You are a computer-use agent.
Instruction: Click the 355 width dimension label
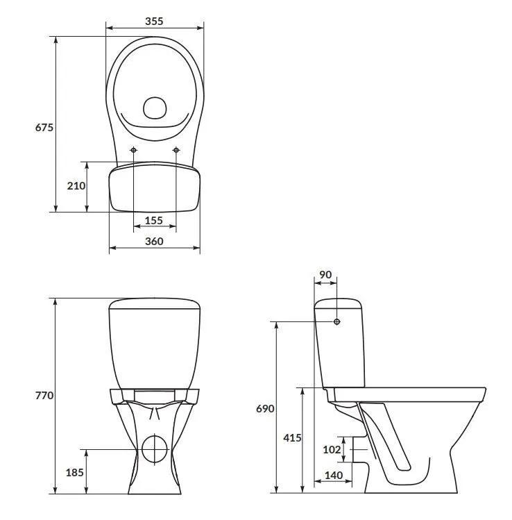154,22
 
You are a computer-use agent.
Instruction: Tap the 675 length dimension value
44,127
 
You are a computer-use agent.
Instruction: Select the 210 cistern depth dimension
76,186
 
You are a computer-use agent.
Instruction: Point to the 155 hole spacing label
154,221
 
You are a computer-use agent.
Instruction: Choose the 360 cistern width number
154,242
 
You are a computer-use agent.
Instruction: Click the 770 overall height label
44,395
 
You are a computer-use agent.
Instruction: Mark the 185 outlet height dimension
74,472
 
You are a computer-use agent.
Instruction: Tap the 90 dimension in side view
325,275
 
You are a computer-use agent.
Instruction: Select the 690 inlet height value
265,408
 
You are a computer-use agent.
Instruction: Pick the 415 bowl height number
292,438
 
